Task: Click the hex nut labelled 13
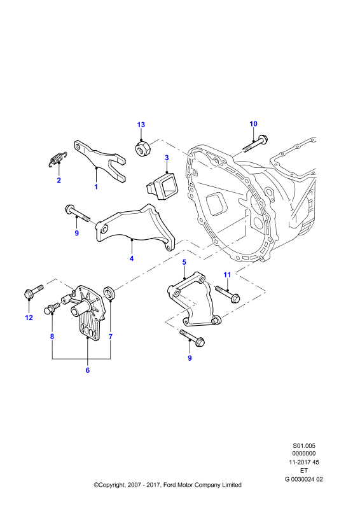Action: (x=142, y=148)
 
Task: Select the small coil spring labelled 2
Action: (x=57, y=160)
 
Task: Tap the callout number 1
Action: (x=96, y=187)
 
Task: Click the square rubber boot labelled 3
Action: (x=161, y=186)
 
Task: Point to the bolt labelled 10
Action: (x=255, y=145)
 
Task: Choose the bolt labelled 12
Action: (x=34, y=291)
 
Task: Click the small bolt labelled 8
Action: (x=52, y=309)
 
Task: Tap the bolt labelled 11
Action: (x=227, y=293)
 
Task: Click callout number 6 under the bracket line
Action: (x=88, y=370)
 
